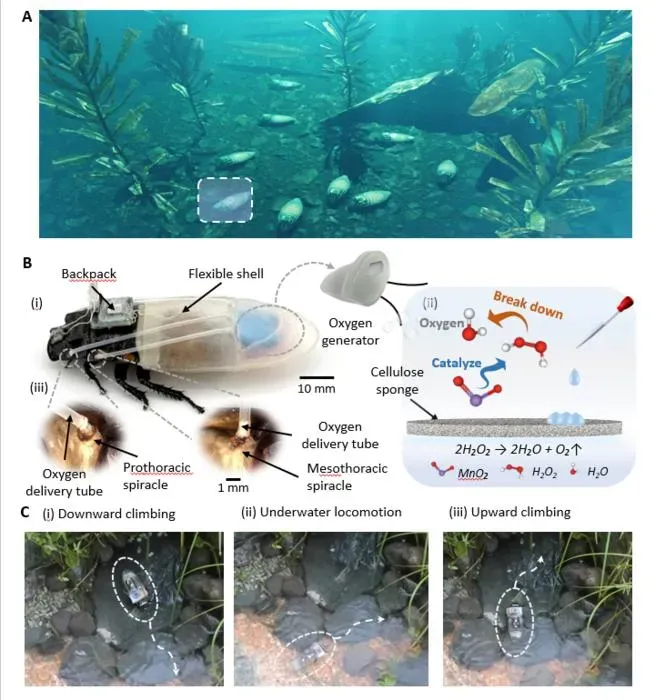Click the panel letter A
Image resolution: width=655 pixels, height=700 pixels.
[x=27, y=17]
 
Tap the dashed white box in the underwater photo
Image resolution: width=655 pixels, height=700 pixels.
[x=225, y=179]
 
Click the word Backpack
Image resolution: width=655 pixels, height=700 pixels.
[x=89, y=274]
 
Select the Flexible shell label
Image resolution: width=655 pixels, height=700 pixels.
[x=226, y=274]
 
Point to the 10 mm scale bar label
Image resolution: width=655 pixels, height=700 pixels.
[x=317, y=388]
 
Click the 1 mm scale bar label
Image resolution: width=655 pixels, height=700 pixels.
[x=233, y=488]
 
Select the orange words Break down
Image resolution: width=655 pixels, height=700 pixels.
[x=528, y=306]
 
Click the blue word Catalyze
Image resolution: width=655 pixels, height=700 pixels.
[x=456, y=363]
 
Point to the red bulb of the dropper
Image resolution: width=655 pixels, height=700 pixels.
[x=626, y=304]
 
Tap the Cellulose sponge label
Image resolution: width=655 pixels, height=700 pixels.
[x=397, y=380]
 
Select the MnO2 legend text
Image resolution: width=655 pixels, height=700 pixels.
[x=473, y=473]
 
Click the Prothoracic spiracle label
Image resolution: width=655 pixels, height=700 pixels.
[x=157, y=476]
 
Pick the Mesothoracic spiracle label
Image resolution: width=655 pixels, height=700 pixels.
[x=347, y=477]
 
